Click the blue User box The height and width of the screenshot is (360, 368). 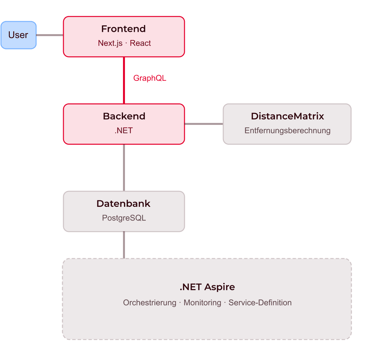click(19, 35)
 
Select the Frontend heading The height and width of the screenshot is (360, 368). click(124, 29)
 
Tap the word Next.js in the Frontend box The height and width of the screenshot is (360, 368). click(110, 43)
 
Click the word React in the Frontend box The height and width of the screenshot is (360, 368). click(140, 43)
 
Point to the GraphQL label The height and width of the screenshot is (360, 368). click(150, 78)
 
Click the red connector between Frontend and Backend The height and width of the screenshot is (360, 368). click(124, 80)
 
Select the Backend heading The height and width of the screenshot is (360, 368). click(124, 116)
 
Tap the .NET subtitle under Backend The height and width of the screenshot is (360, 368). click(124, 131)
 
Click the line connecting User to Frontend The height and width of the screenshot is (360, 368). click(50, 35)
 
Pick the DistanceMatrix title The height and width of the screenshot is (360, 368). click(288, 116)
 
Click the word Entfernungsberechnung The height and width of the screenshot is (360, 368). click(288, 131)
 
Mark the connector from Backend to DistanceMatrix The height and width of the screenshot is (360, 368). click(204, 124)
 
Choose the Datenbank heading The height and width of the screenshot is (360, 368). click(123, 204)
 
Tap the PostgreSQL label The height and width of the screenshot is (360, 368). click(124, 218)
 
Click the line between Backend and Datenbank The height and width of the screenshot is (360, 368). click(124, 168)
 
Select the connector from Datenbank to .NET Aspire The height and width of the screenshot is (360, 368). click(124, 245)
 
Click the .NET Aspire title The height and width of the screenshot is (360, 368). click(207, 287)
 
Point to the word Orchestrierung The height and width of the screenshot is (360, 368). click(150, 302)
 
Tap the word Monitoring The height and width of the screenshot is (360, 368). click(202, 302)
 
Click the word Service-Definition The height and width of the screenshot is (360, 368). click(260, 302)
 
